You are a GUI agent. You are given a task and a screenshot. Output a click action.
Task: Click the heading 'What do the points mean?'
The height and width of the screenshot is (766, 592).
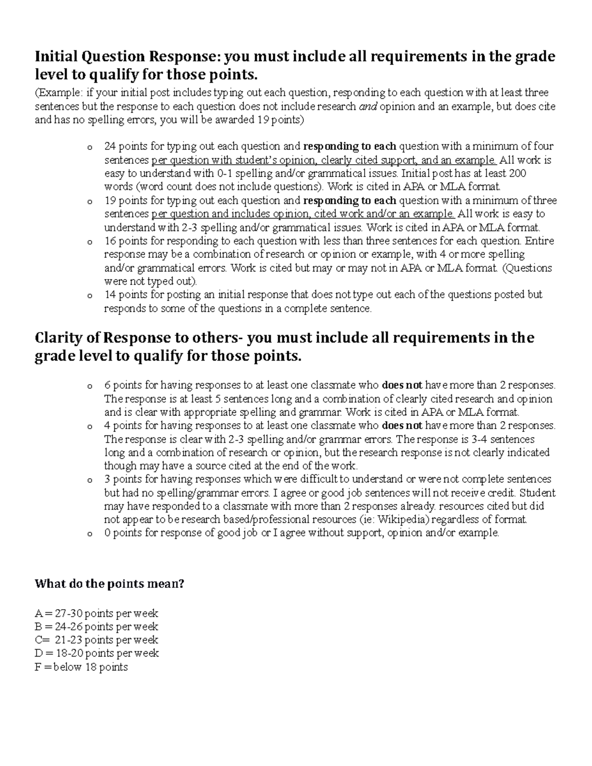pyautogui.click(x=109, y=584)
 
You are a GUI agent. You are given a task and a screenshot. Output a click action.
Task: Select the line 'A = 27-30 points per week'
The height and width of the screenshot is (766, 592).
pyautogui.click(x=96, y=614)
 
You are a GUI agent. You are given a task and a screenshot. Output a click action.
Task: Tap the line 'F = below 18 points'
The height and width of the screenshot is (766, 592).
pyautogui.click(x=81, y=667)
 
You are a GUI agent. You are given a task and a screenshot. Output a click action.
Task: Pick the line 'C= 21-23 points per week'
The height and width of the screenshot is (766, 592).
pyautogui.click(x=96, y=640)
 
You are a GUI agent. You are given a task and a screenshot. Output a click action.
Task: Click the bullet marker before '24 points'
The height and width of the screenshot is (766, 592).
pyautogui.click(x=89, y=147)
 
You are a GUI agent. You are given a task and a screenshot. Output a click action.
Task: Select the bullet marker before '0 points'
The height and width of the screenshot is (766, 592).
pyautogui.click(x=89, y=534)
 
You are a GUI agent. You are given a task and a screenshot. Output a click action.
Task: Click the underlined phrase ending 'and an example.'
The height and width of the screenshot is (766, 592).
pyautogui.click(x=324, y=160)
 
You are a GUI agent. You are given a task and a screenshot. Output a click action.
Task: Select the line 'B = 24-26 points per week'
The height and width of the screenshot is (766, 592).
pyautogui.click(x=96, y=627)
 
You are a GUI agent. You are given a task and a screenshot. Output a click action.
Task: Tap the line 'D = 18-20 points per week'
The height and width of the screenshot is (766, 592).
pyautogui.click(x=96, y=654)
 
